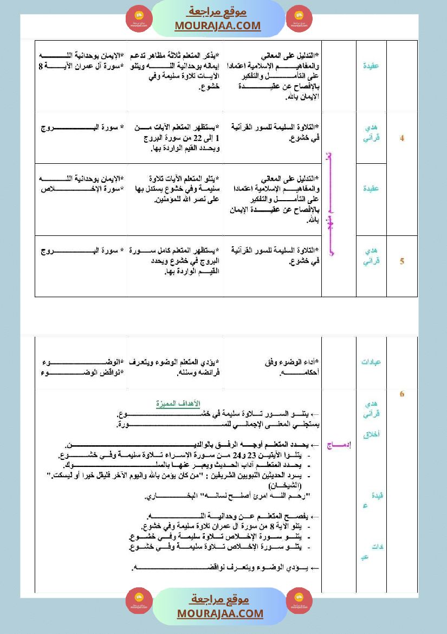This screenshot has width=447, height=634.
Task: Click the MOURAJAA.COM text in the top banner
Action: point(218,25)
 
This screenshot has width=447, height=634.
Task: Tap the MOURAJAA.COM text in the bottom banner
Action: point(220,613)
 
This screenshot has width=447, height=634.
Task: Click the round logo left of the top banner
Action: point(139,19)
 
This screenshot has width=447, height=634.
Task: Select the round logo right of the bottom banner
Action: point(299,601)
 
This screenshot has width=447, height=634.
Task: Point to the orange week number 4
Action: point(402,138)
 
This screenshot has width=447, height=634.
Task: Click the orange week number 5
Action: point(402,261)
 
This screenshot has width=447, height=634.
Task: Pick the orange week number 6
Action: point(402,394)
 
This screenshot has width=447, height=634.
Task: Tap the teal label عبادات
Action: point(371,362)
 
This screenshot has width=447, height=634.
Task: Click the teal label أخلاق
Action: point(371,434)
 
